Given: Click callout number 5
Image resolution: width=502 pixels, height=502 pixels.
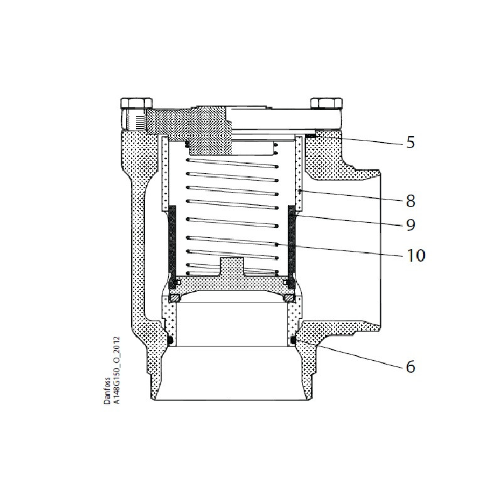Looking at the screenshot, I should pyautogui.click(x=410, y=142).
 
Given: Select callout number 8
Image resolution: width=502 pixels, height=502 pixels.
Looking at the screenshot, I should pyautogui.click(x=410, y=202).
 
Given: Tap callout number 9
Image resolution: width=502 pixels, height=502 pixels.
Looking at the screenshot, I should pyautogui.click(x=410, y=225).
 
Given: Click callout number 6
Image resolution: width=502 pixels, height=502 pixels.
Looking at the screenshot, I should pyautogui.click(x=410, y=366).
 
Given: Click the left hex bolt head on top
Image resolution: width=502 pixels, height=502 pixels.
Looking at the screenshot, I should pyautogui.click(x=137, y=104).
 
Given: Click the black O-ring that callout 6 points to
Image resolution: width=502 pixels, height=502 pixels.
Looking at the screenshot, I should pyautogui.click(x=293, y=340).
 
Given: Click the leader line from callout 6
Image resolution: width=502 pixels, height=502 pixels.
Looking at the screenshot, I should pyautogui.click(x=351, y=355).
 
